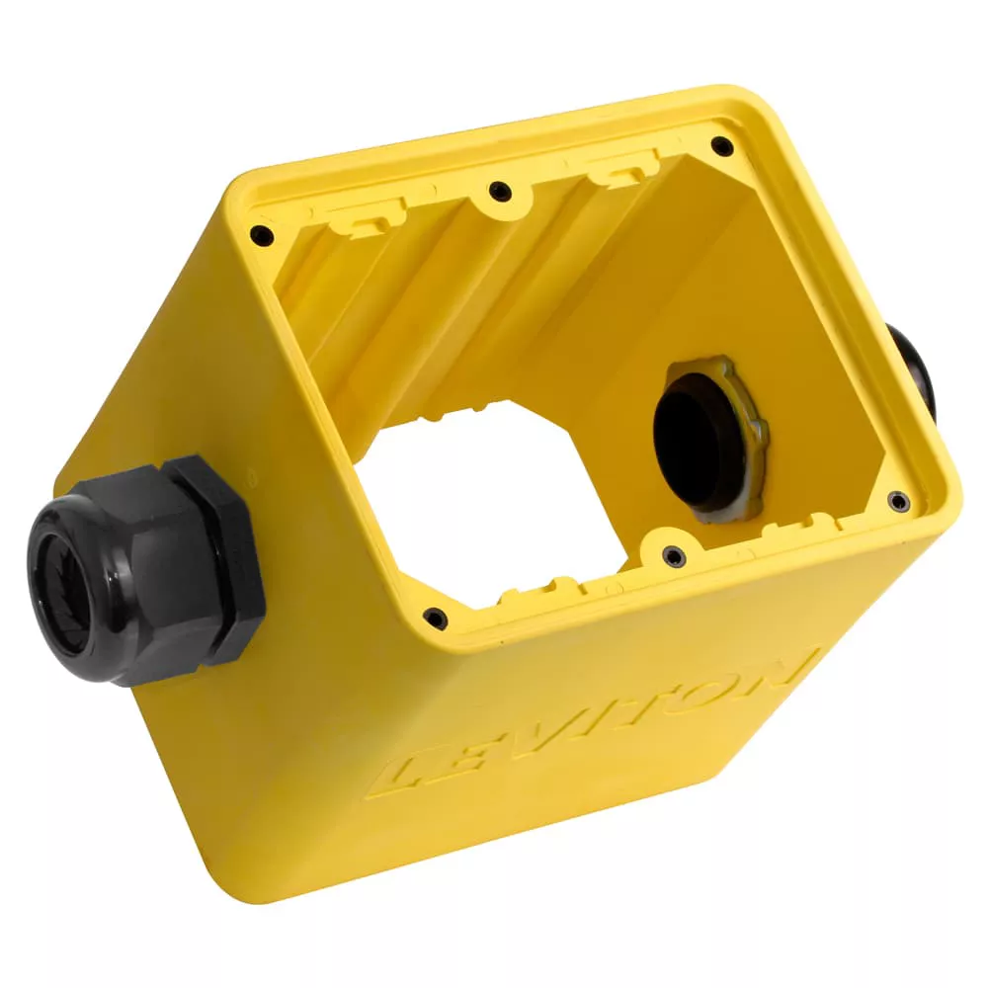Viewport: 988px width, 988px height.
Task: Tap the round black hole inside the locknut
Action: [697, 440]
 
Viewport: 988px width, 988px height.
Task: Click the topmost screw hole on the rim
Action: [722, 146]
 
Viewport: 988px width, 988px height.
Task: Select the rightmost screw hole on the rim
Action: [898, 502]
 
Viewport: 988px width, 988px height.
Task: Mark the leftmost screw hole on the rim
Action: [261, 235]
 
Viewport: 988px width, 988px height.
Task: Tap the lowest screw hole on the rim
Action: [434, 618]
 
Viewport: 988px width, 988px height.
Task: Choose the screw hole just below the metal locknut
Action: [674, 556]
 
